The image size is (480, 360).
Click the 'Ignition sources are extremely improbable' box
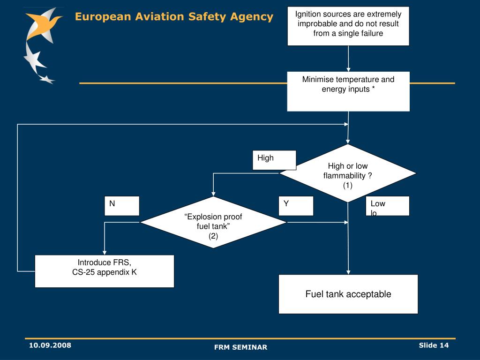pyautogui.click(x=348, y=26)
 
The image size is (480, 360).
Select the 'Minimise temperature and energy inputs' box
pyautogui.click(x=348, y=91)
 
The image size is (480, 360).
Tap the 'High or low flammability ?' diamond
pyautogui.click(x=348, y=173)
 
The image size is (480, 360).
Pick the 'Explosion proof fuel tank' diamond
pyautogui.click(x=213, y=222)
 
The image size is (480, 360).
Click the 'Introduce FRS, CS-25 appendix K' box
pyautogui.click(x=105, y=271)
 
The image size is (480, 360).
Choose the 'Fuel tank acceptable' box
pyautogui.click(x=348, y=294)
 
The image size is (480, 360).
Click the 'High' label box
pyautogui.click(x=274, y=159)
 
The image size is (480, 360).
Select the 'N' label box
pyautogui.click(x=121, y=205)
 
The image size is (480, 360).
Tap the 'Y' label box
pyautogui.click(x=296, y=205)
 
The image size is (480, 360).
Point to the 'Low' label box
pyautogui.click(x=387, y=205)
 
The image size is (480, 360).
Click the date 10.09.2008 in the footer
pyautogui.click(x=50, y=345)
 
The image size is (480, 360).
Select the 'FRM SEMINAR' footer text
pyautogui.click(x=240, y=347)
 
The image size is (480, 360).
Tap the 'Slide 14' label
pyautogui.click(x=434, y=345)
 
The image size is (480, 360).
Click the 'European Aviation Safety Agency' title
pyautogui.click(x=174, y=17)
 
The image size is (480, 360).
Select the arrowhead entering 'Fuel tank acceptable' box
pyautogui.click(x=348, y=271)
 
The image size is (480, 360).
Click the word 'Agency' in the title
pyautogui.click(x=252, y=17)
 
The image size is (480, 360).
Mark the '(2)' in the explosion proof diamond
pyautogui.click(x=213, y=236)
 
